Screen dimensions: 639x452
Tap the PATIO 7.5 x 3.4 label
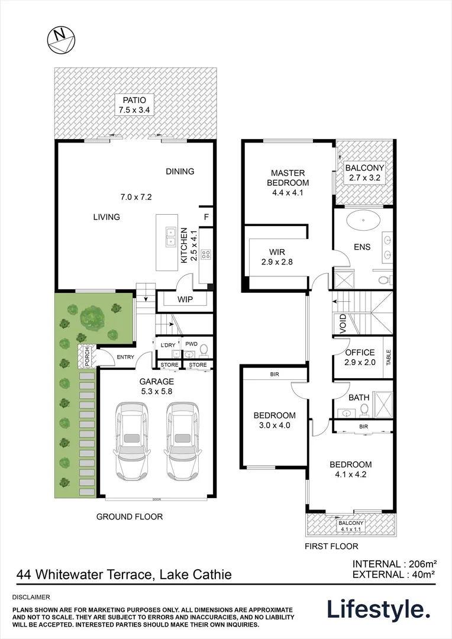(135, 105)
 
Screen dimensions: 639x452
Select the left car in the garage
(133, 441)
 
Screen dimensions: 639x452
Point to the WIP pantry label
(185, 299)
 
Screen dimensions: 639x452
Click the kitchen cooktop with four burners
(206, 254)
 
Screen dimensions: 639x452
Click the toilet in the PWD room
(204, 350)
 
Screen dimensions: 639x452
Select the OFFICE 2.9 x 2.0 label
(360, 357)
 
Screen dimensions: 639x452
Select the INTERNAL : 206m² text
(394, 563)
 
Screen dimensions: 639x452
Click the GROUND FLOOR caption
(130, 517)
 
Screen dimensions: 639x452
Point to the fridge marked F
(206, 217)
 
